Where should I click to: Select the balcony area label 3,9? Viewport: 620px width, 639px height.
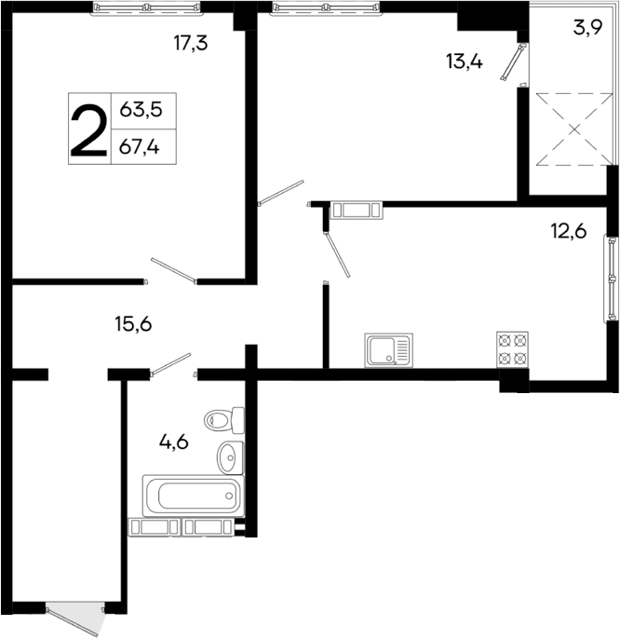click(586, 27)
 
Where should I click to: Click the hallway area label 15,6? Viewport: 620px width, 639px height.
click(133, 324)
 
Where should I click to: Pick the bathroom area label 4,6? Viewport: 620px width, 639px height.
click(173, 442)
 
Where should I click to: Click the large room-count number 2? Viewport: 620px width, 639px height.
click(88, 129)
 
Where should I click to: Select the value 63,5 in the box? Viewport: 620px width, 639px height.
click(142, 110)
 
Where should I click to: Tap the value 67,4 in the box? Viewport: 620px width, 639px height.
click(142, 146)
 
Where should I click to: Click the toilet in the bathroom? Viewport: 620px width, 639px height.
click(224, 420)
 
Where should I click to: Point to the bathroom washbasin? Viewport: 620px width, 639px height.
click(229, 457)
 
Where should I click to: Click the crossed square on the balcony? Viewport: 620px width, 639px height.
click(571, 129)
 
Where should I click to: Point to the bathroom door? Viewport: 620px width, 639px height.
click(171, 364)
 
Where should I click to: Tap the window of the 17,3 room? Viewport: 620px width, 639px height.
click(147, 7)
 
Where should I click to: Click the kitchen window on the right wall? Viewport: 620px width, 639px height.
click(612, 277)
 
